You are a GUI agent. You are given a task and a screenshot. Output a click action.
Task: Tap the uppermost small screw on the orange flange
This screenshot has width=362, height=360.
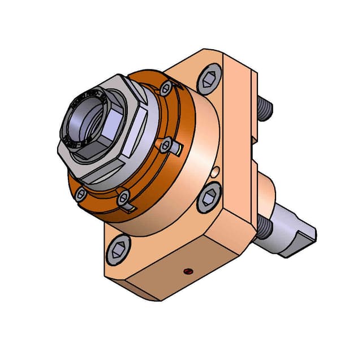point(166,88)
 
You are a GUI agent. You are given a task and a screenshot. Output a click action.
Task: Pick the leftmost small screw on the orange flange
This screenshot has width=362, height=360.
point(80,194)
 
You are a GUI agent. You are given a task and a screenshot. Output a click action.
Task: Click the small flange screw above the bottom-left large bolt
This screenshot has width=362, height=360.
point(124,197)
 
